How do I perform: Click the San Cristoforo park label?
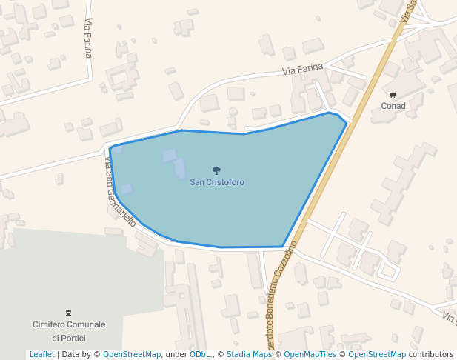tap(217, 182)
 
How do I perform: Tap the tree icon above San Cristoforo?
tap(216, 171)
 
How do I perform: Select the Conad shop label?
tap(393, 106)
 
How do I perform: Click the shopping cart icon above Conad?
tap(393, 95)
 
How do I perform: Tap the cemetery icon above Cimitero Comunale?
tap(69, 313)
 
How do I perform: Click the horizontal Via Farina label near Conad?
tap(303, 70)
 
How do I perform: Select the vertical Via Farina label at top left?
tap(88, 38)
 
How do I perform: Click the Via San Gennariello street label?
tap(120, 191)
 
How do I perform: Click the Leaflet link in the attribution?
tap(41, 354)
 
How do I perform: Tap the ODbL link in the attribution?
tap(199, 354)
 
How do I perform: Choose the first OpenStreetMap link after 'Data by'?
tap(132, 354)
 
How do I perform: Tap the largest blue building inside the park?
tap(180, 168)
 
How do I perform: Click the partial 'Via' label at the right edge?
tap(449, 318)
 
